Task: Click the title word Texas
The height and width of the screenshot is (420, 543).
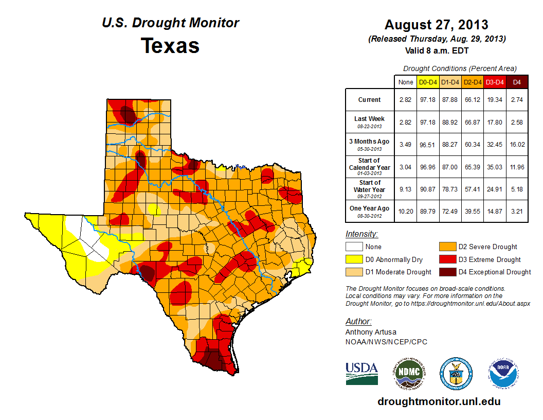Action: [170, 46]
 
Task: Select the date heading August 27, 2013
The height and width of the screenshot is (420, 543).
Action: [437, 25]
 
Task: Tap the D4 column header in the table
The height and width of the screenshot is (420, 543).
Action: [517, 82]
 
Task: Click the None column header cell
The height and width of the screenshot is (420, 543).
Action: [405, 82]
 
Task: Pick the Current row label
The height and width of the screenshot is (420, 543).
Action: [370, 100]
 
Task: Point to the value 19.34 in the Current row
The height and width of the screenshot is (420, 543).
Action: [495, 100]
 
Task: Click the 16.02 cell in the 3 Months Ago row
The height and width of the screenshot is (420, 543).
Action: [517, 145]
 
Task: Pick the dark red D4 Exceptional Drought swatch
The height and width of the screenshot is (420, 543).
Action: [446, 272]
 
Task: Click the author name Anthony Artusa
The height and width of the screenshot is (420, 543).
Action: [371, 332]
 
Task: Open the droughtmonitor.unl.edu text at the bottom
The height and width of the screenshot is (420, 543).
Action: [439, 401]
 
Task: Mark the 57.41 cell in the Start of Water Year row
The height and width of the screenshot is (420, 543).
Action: [472, 189]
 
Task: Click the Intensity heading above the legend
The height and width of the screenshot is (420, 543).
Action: [362, 234]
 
